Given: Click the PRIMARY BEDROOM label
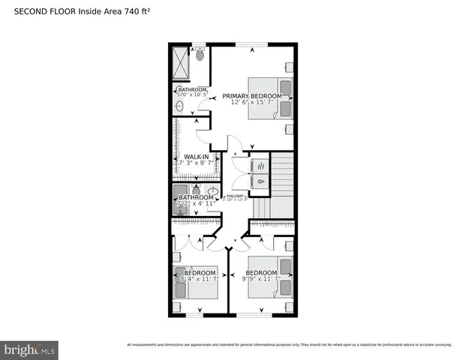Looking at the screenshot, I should [251, 96].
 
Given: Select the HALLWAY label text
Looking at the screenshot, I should [236, 195].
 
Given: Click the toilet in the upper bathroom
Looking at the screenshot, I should [200, 54].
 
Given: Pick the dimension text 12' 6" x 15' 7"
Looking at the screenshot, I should [251, 103].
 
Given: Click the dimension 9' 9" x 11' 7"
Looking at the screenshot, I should [261, 279].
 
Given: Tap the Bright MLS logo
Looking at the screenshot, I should [29, 349].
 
